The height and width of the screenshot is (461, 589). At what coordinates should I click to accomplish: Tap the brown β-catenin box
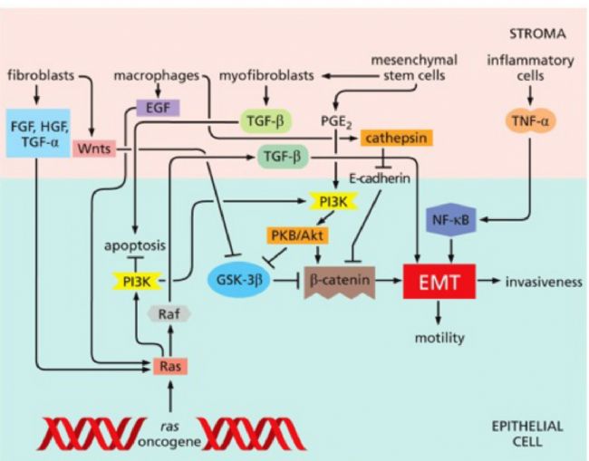340,283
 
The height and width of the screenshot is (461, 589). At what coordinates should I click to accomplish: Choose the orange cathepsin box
396,138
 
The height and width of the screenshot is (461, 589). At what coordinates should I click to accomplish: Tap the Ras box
169,366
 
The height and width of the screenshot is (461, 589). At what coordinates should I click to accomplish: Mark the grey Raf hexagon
169,314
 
